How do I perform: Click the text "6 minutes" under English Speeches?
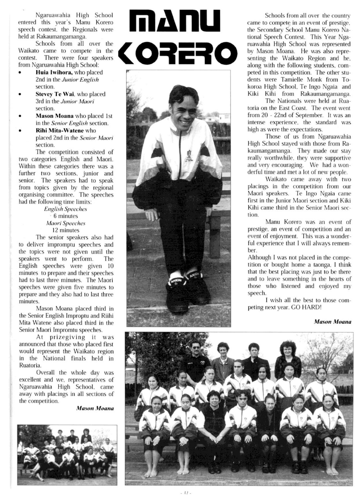[66, 216]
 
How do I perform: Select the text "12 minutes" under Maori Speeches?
[66, 230]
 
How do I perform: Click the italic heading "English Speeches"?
[66, 209]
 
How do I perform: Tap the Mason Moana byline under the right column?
[332, 322]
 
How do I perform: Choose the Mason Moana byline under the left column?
[95, 408]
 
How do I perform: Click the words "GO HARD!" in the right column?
[307, 307]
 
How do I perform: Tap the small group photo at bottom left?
[67, 451]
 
